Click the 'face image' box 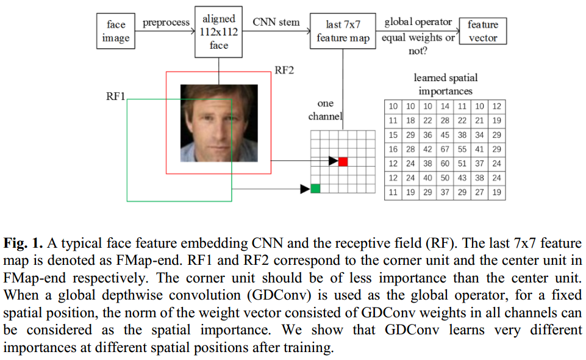[115, 31]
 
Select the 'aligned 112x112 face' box [219, 32]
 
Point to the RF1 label [116, 96]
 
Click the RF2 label [284, 70]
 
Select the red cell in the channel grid [343, 161]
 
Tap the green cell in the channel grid [315, 189]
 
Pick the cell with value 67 [445, 149]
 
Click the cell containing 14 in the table [445, 106]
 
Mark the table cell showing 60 [445, 164]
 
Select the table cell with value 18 [410, 121]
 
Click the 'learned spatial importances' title [445, 84]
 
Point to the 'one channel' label [325, 110]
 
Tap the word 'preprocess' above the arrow [166, 23]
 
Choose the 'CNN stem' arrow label [276, 23]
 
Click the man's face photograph [219, 123]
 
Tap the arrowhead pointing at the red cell [333, 161]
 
